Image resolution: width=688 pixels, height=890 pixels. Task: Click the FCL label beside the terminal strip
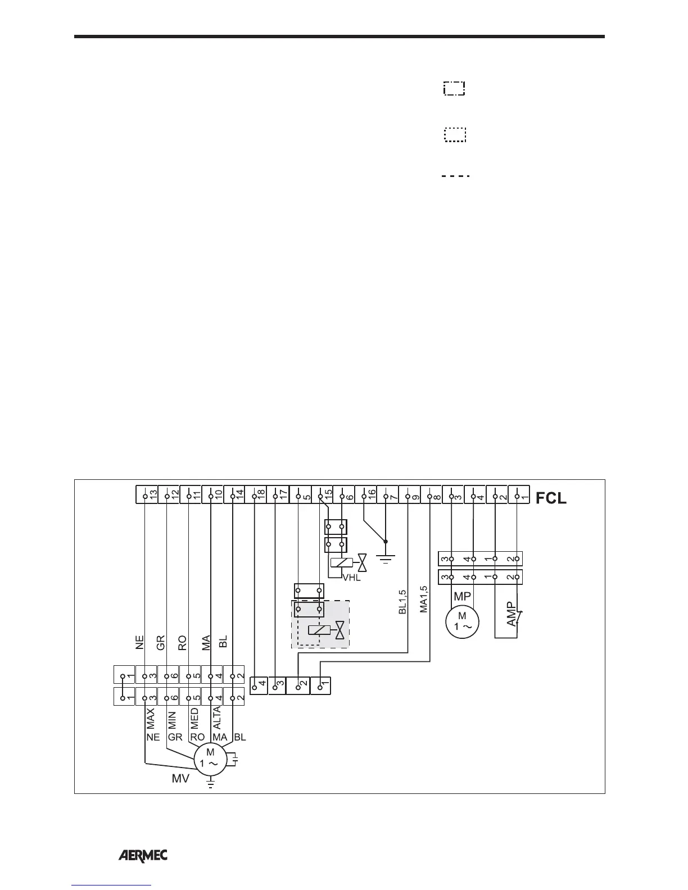pos(551,498)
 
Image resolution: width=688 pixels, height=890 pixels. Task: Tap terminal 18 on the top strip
pos(256,495)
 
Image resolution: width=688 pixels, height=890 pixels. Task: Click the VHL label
pos(352,577)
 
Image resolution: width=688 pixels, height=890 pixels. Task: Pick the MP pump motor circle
pos(462,622)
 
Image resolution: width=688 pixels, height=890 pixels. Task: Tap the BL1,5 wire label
pos(402,602)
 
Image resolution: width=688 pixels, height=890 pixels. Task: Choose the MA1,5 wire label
pos(424,600)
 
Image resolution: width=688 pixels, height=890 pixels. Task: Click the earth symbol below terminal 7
pos(386,558)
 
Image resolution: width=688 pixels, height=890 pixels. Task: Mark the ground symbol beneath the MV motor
pos(210,782)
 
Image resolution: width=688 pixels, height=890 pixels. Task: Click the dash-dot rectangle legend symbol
pos(455,89)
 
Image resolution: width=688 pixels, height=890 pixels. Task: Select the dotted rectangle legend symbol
pos(455,135)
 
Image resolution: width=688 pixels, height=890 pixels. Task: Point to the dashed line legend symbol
pos(455,176)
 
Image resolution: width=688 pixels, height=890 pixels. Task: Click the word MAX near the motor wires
pos(151,719)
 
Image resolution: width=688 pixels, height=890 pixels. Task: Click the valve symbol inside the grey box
pos(340,630)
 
